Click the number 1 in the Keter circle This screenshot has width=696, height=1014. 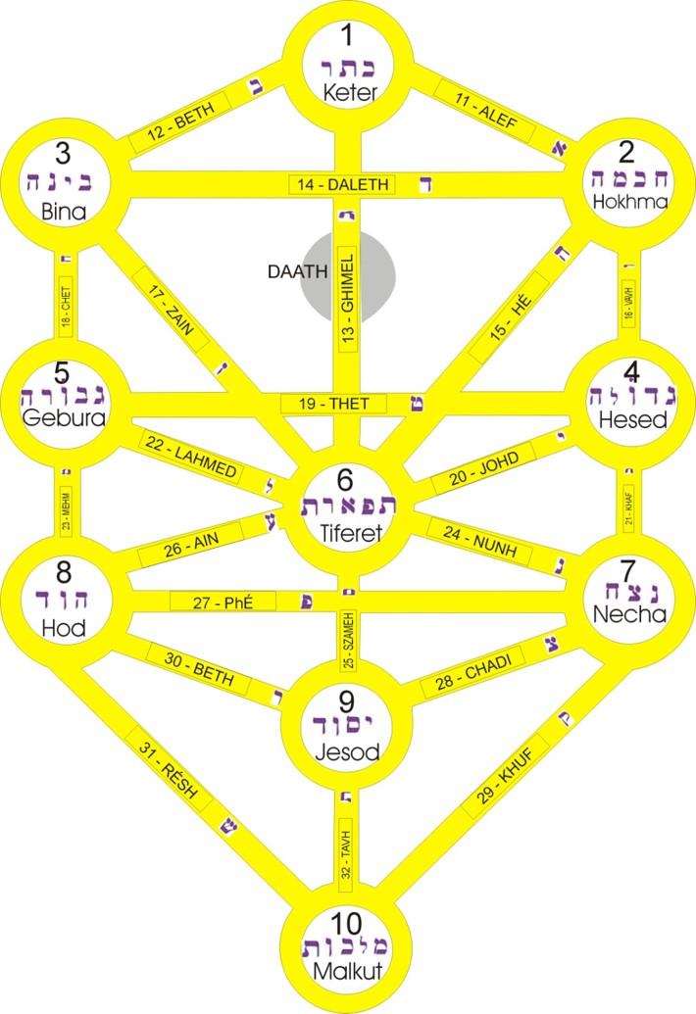pos(347,37)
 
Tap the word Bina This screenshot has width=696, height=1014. pos(63,211)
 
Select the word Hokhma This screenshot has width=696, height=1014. pos(630,202)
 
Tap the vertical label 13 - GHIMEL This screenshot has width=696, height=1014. pos(347,288)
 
